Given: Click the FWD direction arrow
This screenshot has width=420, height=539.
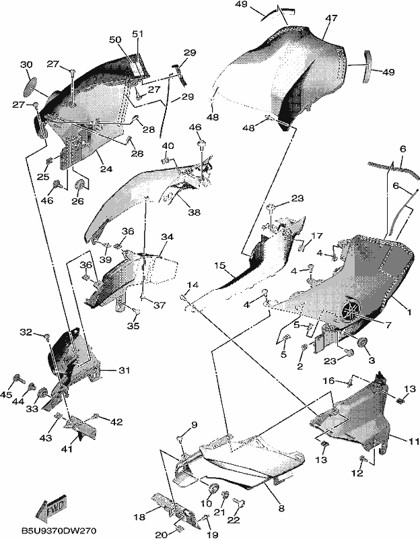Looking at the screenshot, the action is [x=52, y=507].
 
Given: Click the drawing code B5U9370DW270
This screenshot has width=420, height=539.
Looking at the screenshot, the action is [x=59, y=530].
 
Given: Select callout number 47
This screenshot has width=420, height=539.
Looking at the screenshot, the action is [x=331, y=18].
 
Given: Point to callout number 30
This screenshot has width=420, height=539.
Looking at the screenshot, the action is [x=26, y=65].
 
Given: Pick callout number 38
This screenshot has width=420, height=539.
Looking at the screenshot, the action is [x=194, y=212].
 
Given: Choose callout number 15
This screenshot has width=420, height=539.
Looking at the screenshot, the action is [x=221, y=265].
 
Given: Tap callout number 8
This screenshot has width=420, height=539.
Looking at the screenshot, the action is [x=281, y=509].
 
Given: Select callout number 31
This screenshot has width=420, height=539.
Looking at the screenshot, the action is [x=125, y=370].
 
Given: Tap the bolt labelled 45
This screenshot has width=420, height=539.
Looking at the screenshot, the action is [x=18, y=379].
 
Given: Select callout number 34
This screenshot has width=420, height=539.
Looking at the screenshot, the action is [x=167, y=237].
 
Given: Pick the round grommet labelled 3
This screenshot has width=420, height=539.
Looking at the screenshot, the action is [x=362, y=343].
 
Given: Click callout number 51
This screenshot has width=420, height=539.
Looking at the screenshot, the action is [x=138, y=34].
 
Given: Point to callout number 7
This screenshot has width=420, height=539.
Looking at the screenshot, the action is [x=388, y=325].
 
